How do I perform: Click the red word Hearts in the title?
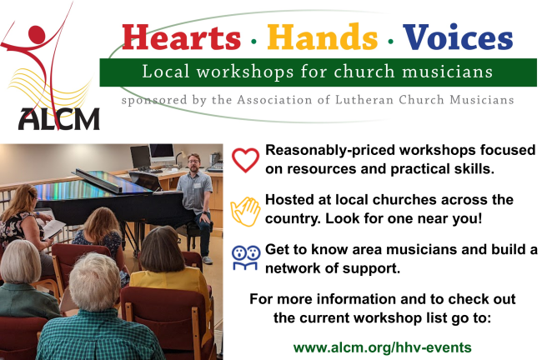coord(181,37)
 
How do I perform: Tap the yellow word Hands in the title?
coord(322,37)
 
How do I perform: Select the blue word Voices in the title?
coord(458,37)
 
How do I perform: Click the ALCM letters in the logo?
coord(58,119)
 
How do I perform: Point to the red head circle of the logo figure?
coord(37,35)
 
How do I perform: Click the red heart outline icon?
coord(245,160)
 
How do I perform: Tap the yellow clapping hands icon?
coord(245,212)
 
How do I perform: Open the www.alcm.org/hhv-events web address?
coord(382,347)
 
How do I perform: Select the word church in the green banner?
coord(364,72)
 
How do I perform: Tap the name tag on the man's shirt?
coord(198,186)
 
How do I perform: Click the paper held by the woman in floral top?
coord(53,228)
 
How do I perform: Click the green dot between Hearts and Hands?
coord(254,42)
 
